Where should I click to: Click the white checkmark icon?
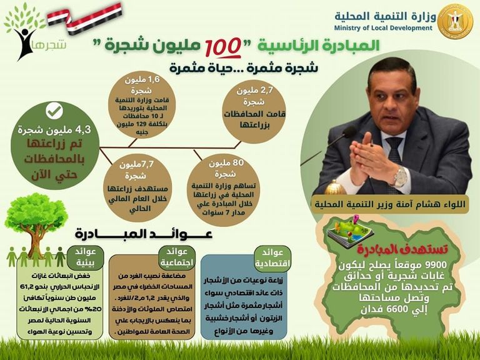click(54, 111)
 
